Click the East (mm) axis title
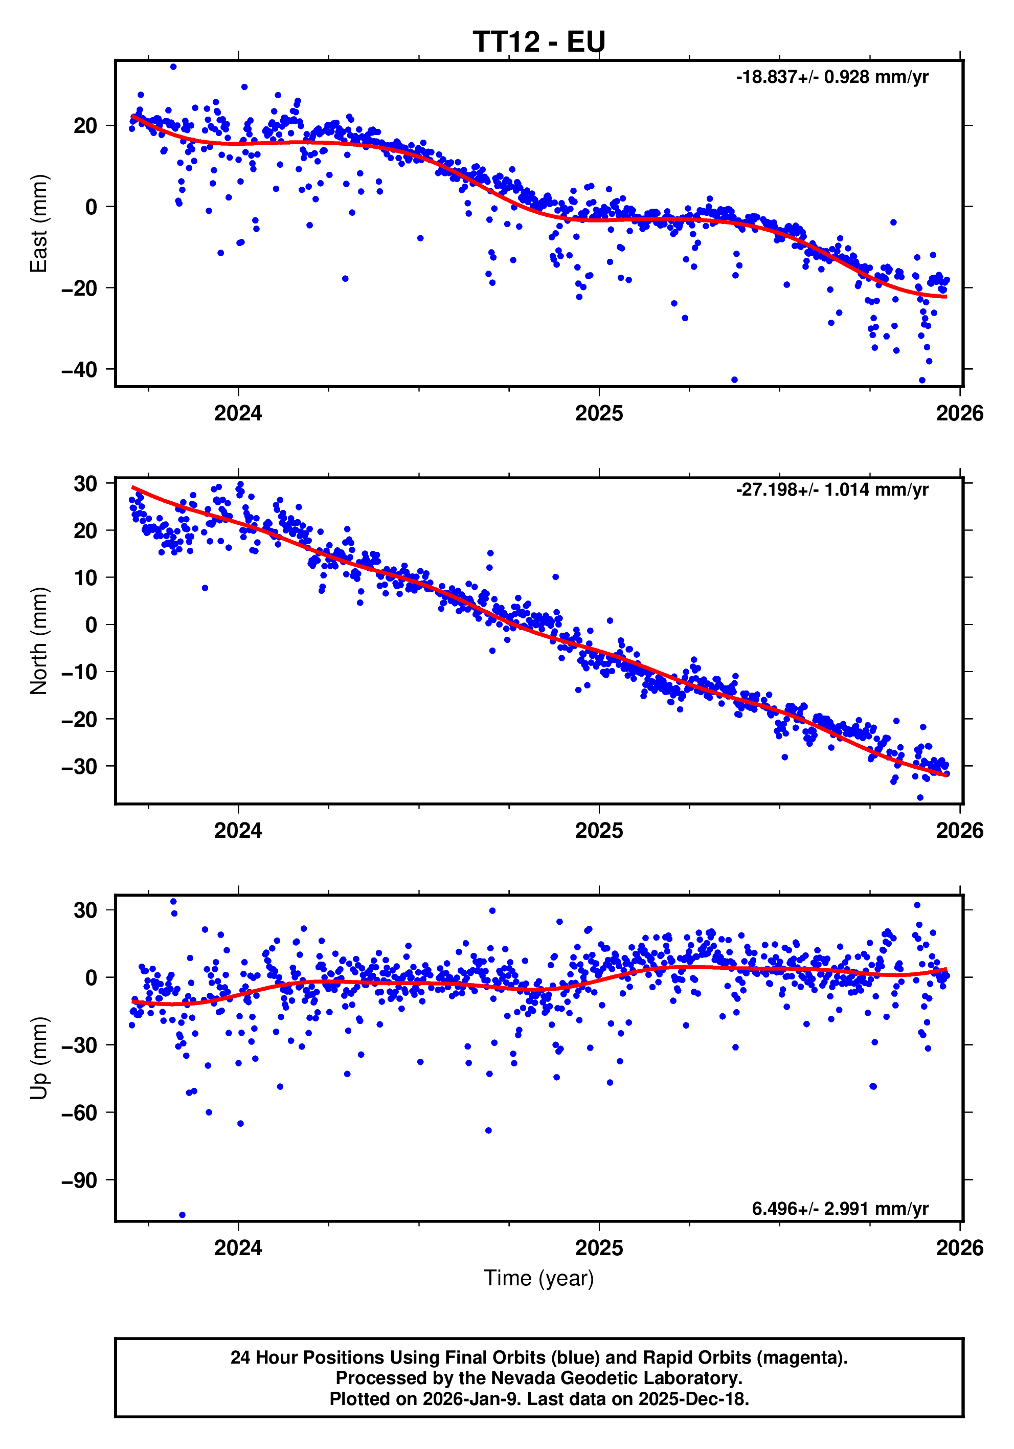(39, 224)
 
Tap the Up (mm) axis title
(39, 1058)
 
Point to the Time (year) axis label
(538, 1278)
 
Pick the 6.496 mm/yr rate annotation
(839, 1208)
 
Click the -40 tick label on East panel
(79, 370)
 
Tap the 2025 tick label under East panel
(598, 413)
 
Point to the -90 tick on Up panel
(79, 1180)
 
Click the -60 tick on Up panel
(79, 1112)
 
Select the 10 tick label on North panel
(85, 577)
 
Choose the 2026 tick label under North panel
(959, 831)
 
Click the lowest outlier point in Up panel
(183, 1215)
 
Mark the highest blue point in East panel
(173, 67)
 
